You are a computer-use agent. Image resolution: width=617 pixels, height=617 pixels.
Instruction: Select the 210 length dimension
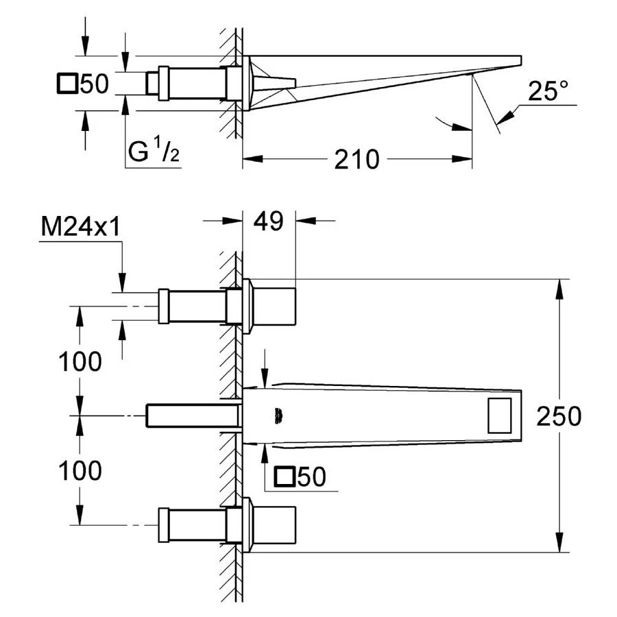coord(356,160)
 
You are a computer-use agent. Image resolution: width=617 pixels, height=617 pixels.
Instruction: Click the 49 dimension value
coord(268,221)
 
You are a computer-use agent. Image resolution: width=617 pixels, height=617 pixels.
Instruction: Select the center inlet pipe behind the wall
coord(192,415)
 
